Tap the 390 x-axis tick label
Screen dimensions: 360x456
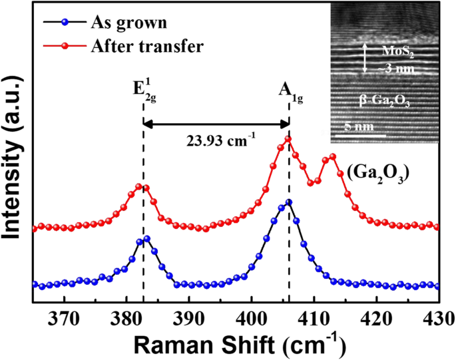coord(189,317)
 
